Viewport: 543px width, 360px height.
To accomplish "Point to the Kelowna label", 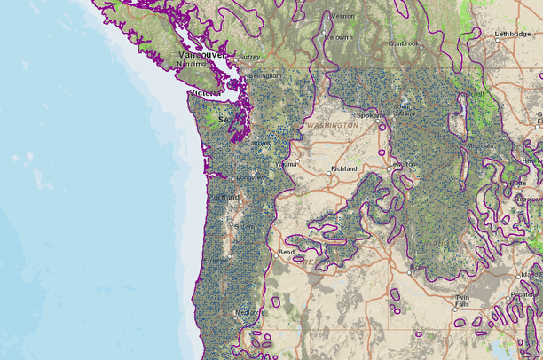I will coord(338,37).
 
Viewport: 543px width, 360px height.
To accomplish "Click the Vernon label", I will coord(342,15).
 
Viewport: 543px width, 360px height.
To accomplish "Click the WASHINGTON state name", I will coord(333,126).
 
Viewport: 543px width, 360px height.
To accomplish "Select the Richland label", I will coord(343,168).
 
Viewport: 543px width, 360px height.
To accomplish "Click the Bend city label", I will coord(286,252).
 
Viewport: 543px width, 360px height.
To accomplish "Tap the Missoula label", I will coord(483,146).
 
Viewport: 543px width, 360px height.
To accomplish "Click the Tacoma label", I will coord(259,143).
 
